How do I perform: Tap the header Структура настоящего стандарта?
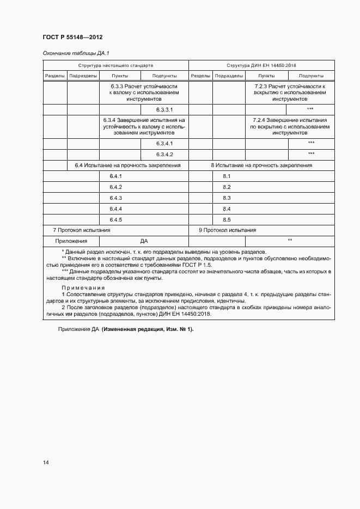(x=115, y=65)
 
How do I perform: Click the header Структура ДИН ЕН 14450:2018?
(x=261, y=65)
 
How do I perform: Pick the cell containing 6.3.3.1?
(x=164, y=109)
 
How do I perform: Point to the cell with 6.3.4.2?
(x=164, y=154)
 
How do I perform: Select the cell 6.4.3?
(x=115, y=198)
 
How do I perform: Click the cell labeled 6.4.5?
(x=115, y=219)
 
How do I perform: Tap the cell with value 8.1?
(x=227, y=176)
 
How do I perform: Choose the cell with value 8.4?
(x=227, y=208)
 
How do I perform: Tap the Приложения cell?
(x=71, y=241)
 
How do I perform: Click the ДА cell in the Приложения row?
(x=144, y=241)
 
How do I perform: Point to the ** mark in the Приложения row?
(x=290, y=240)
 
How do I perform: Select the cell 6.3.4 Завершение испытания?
(x=144, y=126)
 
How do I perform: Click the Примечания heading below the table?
(x=83, y=287)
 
